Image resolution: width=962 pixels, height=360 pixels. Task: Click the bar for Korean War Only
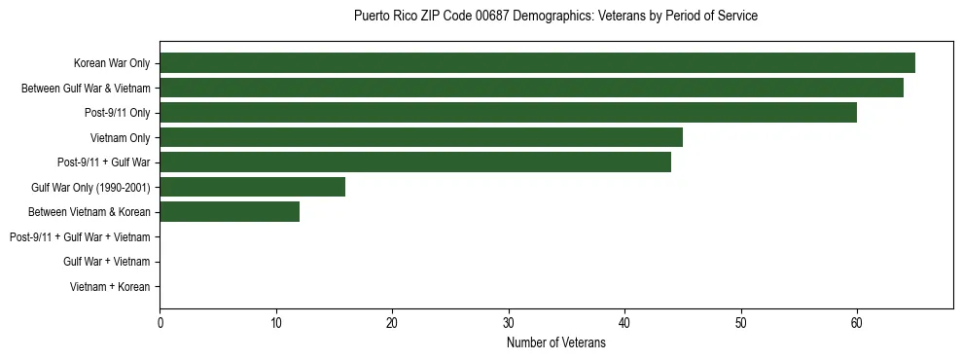tap(537, 63)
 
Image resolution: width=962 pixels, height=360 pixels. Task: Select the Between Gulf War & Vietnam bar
tap(531, 88)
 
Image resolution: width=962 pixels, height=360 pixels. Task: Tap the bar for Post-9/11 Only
tap(508, 113)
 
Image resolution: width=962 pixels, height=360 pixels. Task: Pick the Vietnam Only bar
tap(421, 137)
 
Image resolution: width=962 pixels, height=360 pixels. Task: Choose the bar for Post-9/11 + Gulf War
tap(415, 162)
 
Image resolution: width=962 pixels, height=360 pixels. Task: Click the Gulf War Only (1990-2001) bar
tap(253, 187)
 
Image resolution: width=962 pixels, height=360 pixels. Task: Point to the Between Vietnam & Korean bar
tap(230, 212)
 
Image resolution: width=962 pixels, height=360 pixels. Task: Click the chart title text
tap(555, 17)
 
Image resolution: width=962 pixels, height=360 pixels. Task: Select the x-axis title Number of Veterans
tap(555, 342)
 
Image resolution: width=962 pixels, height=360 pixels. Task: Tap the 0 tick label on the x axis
tap(160, 323)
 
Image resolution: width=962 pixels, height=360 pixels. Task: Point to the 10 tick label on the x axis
tap(276, 323)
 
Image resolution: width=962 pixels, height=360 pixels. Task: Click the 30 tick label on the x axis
tap(509, 323)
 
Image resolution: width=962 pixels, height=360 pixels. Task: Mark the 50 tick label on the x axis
tap(741, 323)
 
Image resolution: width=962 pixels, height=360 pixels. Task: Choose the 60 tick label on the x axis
tap(857, 323)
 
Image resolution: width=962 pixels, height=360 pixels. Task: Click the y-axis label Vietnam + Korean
tap(110, 287)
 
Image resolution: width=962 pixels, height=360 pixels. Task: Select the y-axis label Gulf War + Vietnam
tap(107, 262)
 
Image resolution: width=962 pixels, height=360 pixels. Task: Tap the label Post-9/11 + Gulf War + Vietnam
tap(80, 237)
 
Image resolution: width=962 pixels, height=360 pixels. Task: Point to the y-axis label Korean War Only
tap(112, 63)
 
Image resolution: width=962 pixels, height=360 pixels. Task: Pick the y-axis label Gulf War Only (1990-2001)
tap(90, 188)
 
